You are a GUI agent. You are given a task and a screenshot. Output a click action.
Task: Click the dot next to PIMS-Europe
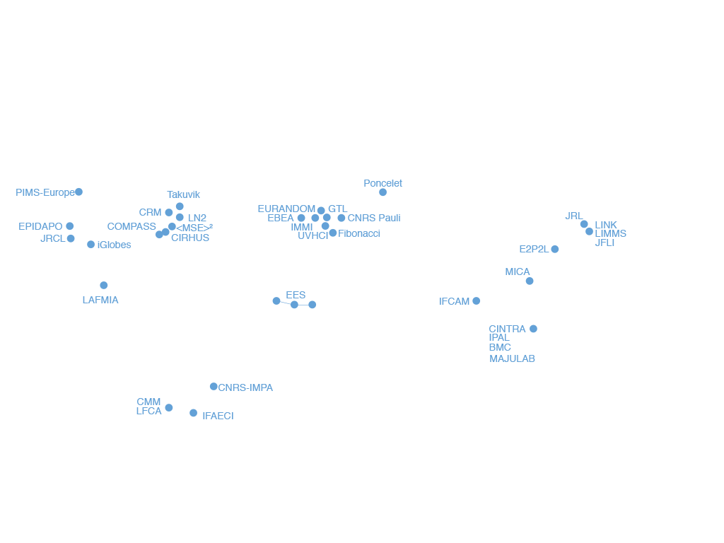(79, 192)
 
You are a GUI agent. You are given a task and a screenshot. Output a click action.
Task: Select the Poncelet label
(383, 183)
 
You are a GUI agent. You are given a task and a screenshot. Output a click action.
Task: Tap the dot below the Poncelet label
(383, 192)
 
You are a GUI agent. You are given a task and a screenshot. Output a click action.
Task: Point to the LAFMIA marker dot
(104, 286)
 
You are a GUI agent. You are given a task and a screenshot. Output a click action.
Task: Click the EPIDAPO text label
(40, 226)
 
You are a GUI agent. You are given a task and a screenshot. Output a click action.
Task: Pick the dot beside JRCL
(71, 239)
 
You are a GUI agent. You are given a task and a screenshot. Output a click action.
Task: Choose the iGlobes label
(114, 245)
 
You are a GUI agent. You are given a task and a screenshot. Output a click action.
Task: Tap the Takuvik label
(183, 194)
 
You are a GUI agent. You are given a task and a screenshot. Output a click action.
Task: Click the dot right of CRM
(169, 212)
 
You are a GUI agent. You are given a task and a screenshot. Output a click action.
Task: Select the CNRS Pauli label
(374, 218)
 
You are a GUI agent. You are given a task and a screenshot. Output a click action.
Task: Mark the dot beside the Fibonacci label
(333, 233)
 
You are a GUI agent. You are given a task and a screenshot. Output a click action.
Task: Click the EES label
(296, 295)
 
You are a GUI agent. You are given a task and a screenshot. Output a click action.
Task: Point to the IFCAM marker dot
(477, 301)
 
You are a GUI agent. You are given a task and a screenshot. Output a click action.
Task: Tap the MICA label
(517, 272)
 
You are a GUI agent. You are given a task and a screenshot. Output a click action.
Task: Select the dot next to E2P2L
(555, 250)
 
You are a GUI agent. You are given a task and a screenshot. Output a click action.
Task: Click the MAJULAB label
(512, 358)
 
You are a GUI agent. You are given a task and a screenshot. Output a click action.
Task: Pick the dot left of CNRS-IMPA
(214, 387)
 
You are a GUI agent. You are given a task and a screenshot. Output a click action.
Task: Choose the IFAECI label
(218, 416)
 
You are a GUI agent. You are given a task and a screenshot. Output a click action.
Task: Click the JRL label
(574, 216)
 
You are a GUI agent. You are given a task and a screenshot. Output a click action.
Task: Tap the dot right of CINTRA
(533, 329)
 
